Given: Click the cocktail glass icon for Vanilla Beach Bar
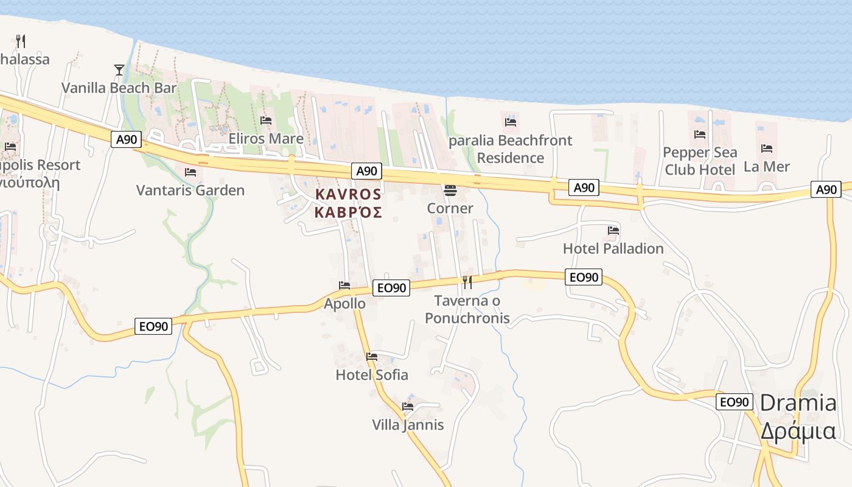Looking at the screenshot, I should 119,70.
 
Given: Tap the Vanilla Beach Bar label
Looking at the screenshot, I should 119,88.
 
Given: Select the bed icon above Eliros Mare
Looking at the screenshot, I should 266,121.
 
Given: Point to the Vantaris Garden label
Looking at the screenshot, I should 190,191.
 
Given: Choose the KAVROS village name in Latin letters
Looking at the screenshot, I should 348,194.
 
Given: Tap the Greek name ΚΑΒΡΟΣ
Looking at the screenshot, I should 348,212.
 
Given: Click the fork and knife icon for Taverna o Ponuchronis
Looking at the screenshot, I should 467,282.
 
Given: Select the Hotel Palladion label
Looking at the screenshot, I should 613,248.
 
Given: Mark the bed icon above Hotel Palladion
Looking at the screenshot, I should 613,231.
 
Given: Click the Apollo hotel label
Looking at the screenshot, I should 345,303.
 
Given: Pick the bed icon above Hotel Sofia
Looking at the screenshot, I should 372,357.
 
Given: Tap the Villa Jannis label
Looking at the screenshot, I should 408,424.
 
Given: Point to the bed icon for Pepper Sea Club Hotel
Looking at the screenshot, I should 700,135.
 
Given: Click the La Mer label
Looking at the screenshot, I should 767,166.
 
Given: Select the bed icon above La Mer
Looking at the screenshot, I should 767,148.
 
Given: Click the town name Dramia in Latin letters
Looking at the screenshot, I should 798,402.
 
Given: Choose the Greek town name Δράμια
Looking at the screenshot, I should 798,430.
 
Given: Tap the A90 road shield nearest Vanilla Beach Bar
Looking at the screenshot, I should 127,139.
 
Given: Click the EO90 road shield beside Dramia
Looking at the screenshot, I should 734,402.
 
